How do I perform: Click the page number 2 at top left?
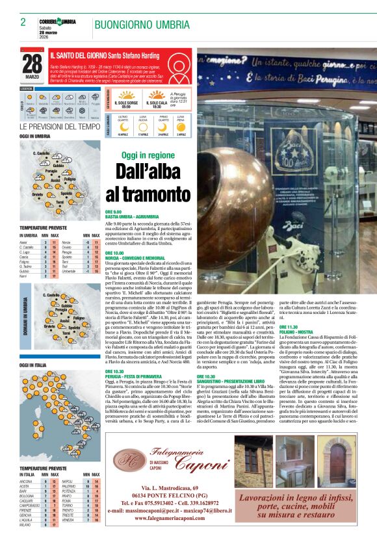23,22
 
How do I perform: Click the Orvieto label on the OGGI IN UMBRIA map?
37,194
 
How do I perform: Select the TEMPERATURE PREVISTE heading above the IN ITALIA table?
43,468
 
